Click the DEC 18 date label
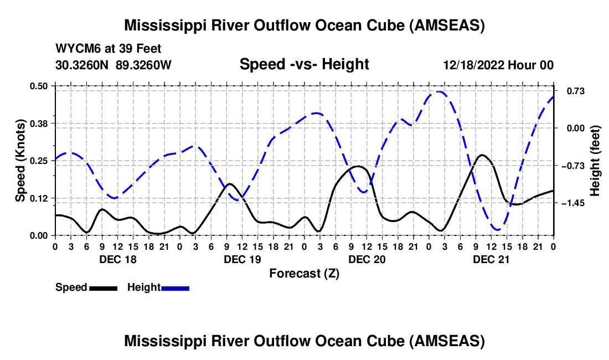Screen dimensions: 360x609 [x=117, y=259]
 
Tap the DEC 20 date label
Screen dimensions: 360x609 [x=367, y=259]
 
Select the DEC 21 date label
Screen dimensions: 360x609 [x=492, y=259]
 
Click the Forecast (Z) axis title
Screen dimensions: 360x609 [x=304, y=273]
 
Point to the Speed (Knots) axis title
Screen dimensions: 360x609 [x=20, y=160]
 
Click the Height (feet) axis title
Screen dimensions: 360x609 [x=595, y=160]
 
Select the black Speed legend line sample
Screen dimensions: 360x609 [x=102, y=287]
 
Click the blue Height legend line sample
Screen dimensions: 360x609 [x=175, y=287]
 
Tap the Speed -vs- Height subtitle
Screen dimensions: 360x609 [x=304, y=64]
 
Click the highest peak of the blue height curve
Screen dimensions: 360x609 [x=438, y=91]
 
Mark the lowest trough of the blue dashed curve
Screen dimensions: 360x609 [x=498, y=229]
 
